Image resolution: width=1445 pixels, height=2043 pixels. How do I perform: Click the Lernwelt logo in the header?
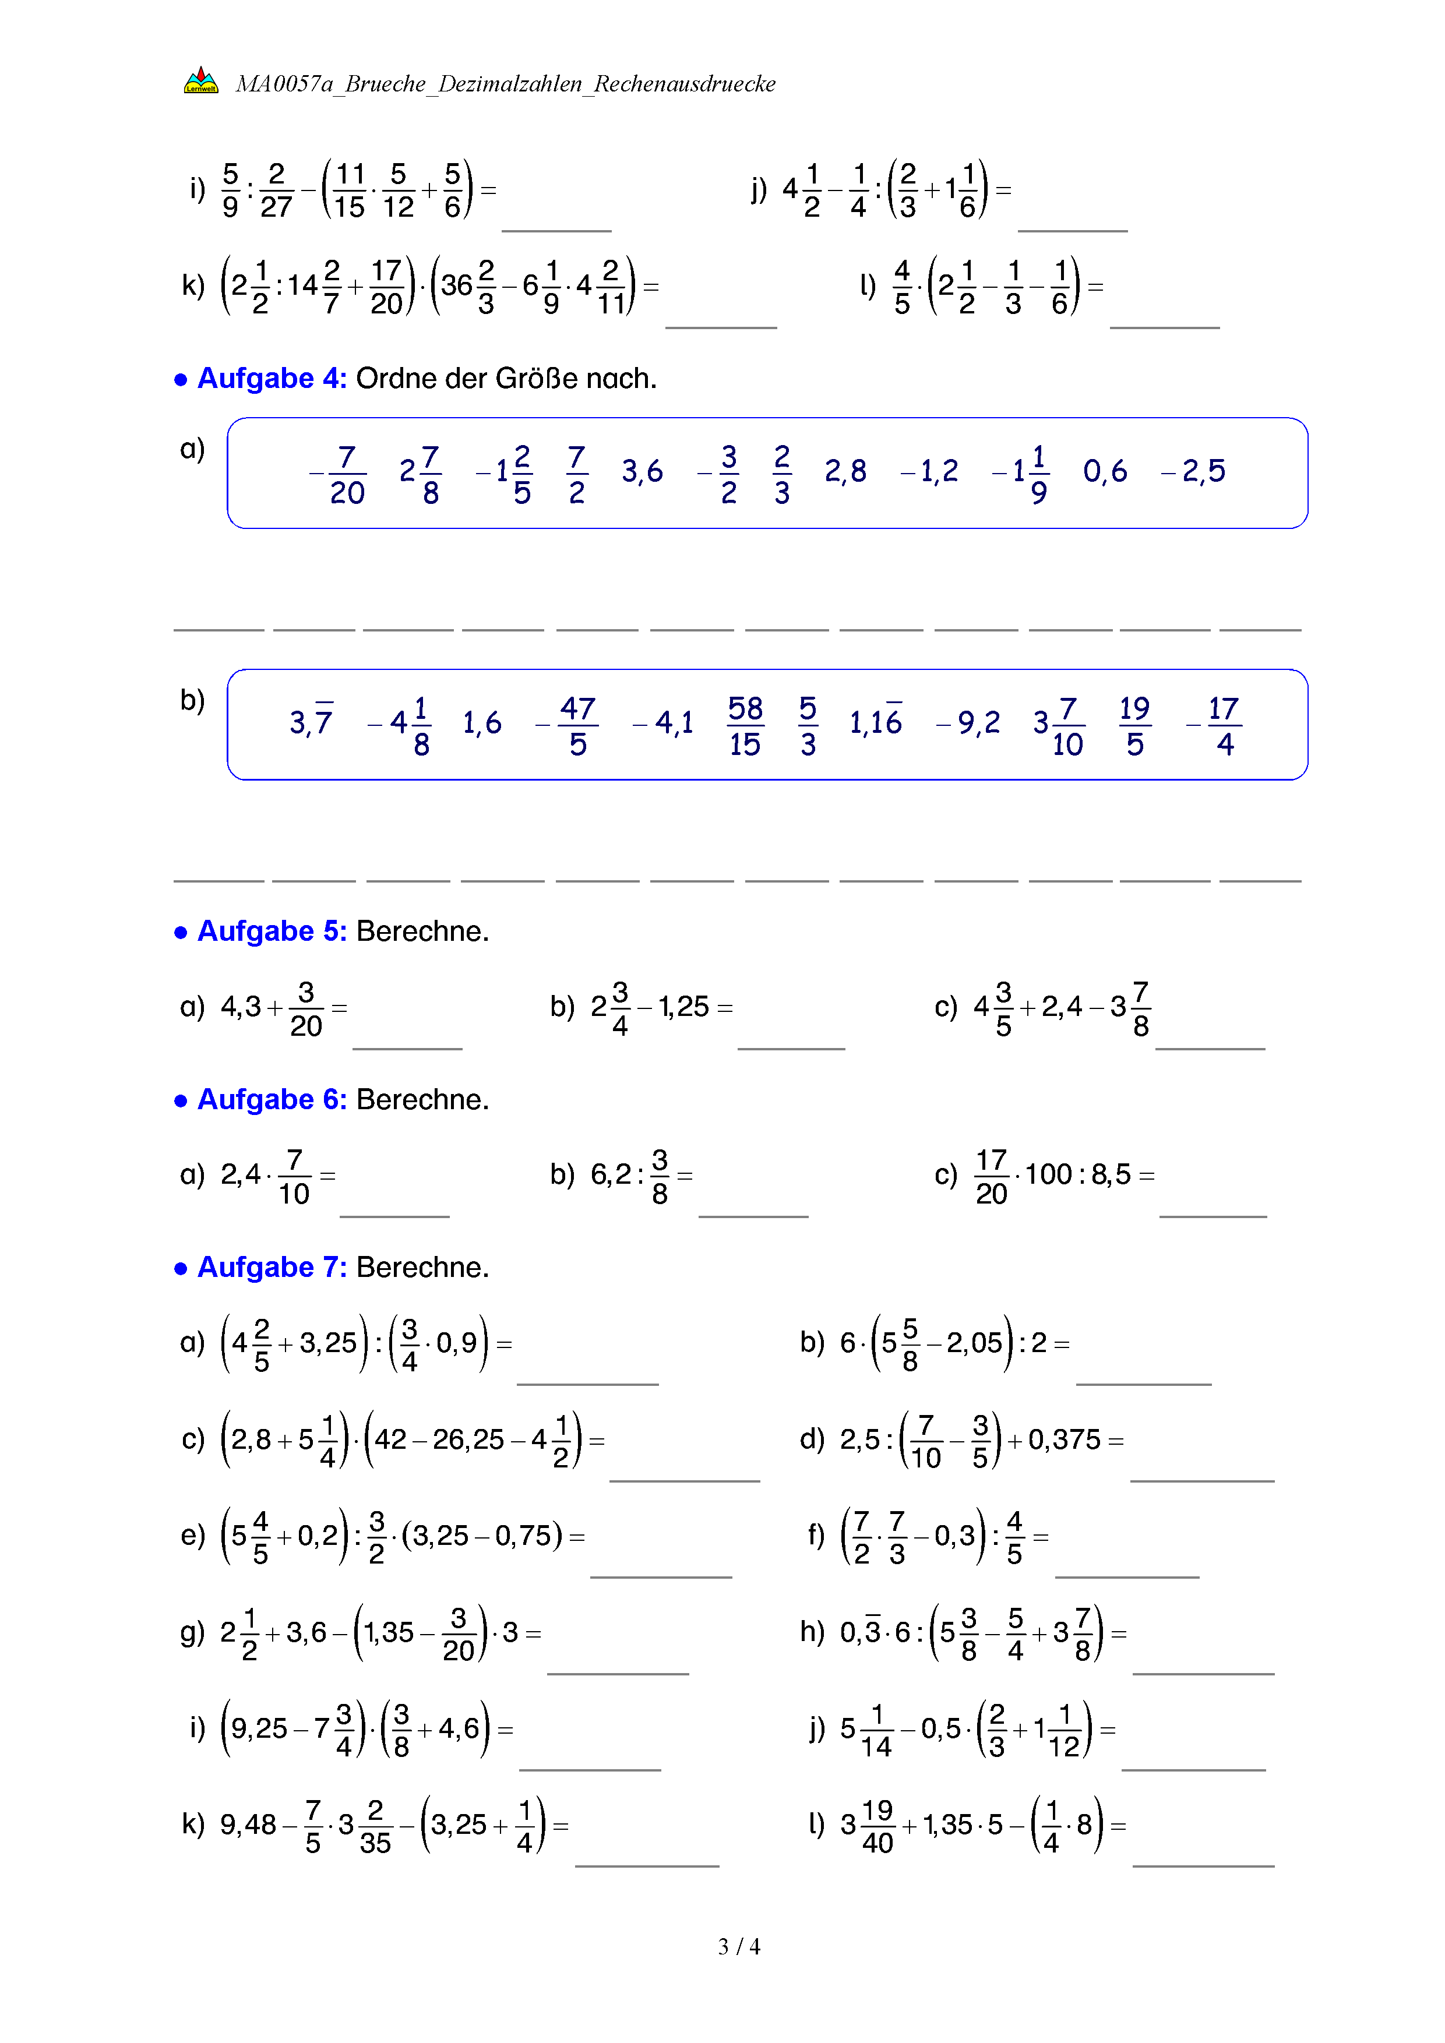click(x=201, y=81)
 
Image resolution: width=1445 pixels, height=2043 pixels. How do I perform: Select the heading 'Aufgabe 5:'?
click(x=272, y=931)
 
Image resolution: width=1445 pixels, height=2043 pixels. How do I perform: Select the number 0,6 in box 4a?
click(x=1104, y=472)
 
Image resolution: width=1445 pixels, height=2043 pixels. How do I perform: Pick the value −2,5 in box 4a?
click(x=1193, y=472)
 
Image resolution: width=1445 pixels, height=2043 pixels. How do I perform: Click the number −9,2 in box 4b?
click(x=968, y=722)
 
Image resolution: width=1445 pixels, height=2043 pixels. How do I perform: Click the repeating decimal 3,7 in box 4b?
click(x=311, y=722)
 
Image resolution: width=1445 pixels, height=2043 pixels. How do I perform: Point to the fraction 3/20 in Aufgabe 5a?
click(x=306, y=1009)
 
